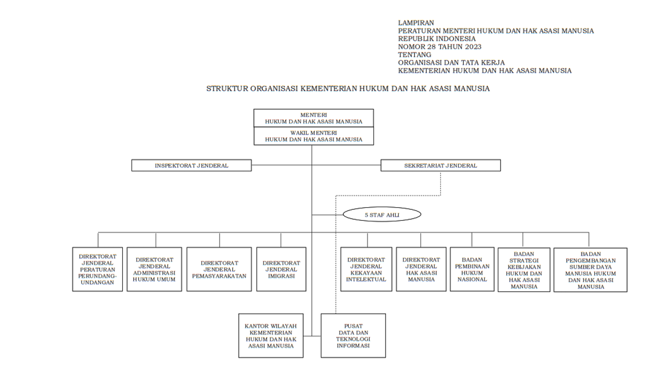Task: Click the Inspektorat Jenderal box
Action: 191,165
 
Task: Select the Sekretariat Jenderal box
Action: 441,165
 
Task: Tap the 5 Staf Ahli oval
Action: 382,215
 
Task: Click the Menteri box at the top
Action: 314,118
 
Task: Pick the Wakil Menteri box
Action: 314,136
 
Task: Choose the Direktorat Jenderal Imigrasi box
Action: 281,269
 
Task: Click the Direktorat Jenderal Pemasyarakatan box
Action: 220,269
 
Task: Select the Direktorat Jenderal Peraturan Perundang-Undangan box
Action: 97,269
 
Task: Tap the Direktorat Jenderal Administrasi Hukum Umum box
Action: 155,269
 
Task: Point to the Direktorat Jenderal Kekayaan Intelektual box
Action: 366,269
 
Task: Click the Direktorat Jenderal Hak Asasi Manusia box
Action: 421,269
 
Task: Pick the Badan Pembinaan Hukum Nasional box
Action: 472,269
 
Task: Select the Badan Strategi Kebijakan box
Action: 524,269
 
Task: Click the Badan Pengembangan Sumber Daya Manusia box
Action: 590,269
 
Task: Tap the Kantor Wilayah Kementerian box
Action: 271,335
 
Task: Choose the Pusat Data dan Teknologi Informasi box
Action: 353,335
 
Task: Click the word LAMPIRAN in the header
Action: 416,23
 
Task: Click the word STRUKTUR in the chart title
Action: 227,88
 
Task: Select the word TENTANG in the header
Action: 414,55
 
